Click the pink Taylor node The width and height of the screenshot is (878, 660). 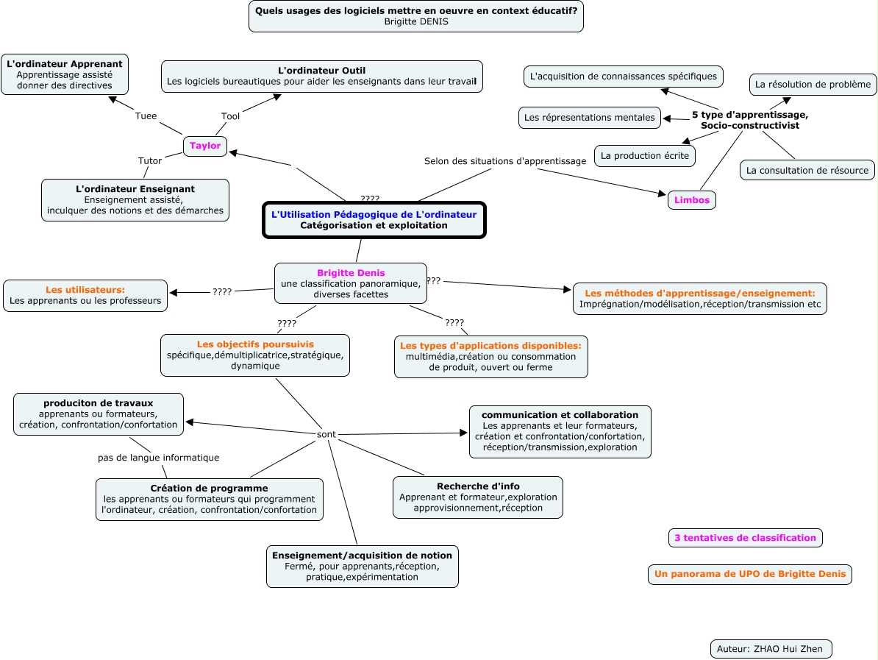(x=205, y=146)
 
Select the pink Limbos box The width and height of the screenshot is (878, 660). (x=691, y=199)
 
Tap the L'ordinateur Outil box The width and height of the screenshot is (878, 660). (x=322, y=76)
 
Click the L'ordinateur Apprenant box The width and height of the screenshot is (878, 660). (x=65, y=74)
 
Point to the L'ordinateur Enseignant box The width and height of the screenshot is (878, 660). (x=135, y=199)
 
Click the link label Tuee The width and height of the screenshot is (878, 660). (x=146, y=116)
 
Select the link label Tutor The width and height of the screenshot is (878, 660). (x=150, y=160)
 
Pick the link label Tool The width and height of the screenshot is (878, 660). (x=230, y=116)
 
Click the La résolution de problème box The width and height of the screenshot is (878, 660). (x=813, y=85)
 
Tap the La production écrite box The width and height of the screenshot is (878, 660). (x=644, y=155)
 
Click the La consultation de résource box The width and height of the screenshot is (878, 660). (x=807, y=170)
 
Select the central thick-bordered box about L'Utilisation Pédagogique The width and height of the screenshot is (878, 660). (x=374, y=220)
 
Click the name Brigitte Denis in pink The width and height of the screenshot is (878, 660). (x=351, y=273)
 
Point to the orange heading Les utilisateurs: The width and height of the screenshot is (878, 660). (x=85, y=290)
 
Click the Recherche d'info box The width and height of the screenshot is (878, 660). (x=478, y=497)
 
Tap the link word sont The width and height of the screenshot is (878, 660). (x=326, y=435)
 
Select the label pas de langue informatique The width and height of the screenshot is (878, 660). (x=158, y=458)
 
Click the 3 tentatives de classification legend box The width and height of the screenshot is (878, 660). (x=745, y=538)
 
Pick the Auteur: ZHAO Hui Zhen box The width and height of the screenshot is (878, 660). (x=771, y=648)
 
